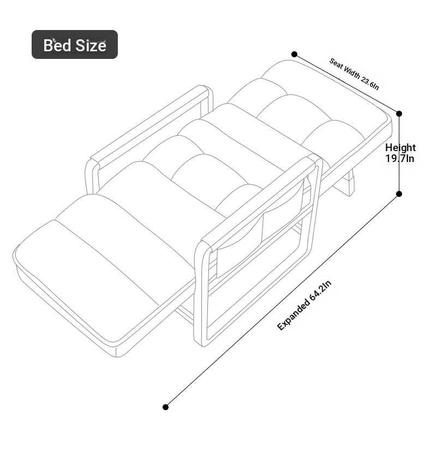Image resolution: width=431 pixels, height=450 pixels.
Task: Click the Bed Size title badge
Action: pyautogui.click(x=75, y=45)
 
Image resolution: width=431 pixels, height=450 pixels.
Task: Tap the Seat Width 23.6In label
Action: pyautogui.click(x=354, y=74)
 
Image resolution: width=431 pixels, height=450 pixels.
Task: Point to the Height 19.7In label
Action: pyautogui.click(x=400, y=153)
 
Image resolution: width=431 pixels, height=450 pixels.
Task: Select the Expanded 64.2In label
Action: pyautogui.click(x=304, y=305)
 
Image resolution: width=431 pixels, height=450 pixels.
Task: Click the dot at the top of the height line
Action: pyautogui.click(x=399, y=113)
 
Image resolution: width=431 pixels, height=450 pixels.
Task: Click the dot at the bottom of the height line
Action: pyautogui.click(x=399, y=194)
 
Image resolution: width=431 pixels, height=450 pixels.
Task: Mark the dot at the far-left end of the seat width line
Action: pyautogui.click(x=294, y=54)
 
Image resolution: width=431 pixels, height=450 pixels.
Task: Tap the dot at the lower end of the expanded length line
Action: pyautogui.click(x=165, y=407)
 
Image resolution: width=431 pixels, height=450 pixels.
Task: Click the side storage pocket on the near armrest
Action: pyautogui.click(x=260, y=230)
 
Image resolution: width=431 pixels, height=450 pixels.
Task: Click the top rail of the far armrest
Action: pyautogui.click(x=149, y=127)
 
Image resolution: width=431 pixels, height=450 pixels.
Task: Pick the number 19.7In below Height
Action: pyautogui.click(x=400, y=158)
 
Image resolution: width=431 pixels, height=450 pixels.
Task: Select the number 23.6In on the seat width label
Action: pyautogui.click(x=370, y=83)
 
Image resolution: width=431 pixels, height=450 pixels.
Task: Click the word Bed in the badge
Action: pyautogui.click(x=58, y=45)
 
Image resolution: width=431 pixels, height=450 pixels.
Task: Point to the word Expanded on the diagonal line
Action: pyautogui.click(x=293, y=315)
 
